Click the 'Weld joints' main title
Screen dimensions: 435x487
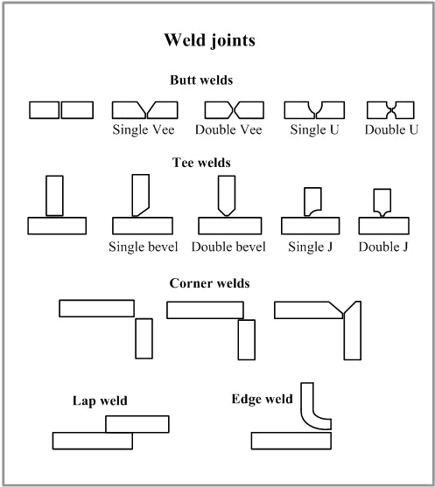[209, 41]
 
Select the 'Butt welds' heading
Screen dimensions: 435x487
[201, 80]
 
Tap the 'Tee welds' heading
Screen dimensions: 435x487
[201, 163]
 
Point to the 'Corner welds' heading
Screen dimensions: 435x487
[209, 283]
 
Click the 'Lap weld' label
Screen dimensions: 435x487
[100, 400]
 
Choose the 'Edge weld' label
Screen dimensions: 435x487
[262, 399]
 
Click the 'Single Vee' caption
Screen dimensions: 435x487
[144, 129]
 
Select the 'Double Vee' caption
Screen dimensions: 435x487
[228, 129]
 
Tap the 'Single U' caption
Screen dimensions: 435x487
[314, 129]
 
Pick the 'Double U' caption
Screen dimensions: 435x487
[391, 129]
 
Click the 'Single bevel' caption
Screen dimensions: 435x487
[143, 247]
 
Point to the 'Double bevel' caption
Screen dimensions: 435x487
[228, 247]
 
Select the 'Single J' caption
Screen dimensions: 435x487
[311, 247]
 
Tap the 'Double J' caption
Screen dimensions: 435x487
[383, 247]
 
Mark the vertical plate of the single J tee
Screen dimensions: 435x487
[312, 200]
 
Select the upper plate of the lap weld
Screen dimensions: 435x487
[137, 424]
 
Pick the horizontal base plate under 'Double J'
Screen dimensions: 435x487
[384, 226]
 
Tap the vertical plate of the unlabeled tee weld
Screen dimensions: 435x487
[55, 196]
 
